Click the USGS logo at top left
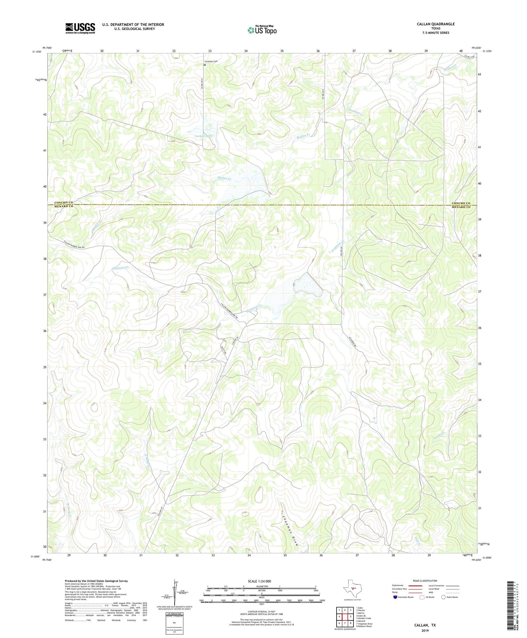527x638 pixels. (x=80, y=28)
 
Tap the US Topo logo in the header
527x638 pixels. (x=262, y=30)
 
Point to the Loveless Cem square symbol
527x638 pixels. (x=205, y=65)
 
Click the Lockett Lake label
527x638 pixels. (x=204, y=136)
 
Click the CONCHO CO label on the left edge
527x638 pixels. (x=64, y=203)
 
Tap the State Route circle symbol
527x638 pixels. (x=444, y=597)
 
